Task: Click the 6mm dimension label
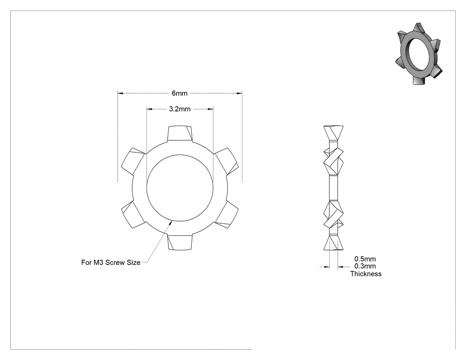coord(179,93)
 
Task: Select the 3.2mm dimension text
coord(180,109)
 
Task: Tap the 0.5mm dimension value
coord(365,259)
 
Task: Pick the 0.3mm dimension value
coord(365,266)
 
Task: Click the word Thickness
coord(366,274)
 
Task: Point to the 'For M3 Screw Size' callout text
coord(111,262)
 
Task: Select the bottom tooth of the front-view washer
coord(180,242)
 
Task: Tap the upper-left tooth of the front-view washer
coord(133,161)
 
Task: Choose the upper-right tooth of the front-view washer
coord(227,161)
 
